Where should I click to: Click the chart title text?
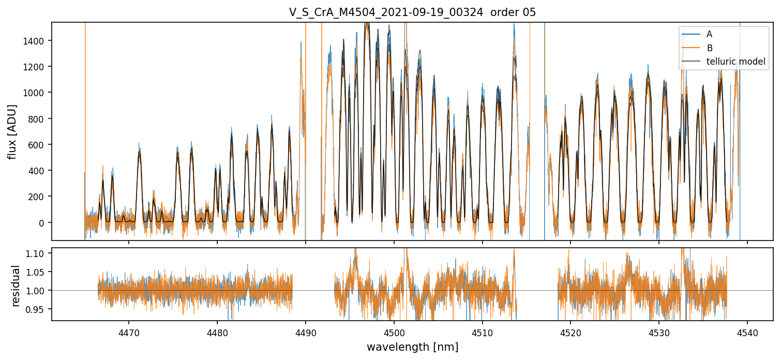click(x=412, y=12)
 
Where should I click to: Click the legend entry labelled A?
click(x=709, y=34)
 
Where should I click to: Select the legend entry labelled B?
click(x=709, y=48)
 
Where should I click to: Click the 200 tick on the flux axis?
click(x=39, y=197)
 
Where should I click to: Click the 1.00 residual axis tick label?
click(x=37, y=291)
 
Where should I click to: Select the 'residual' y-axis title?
click(x=16, y=286)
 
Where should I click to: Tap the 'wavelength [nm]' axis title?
click(x=412, y=347)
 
